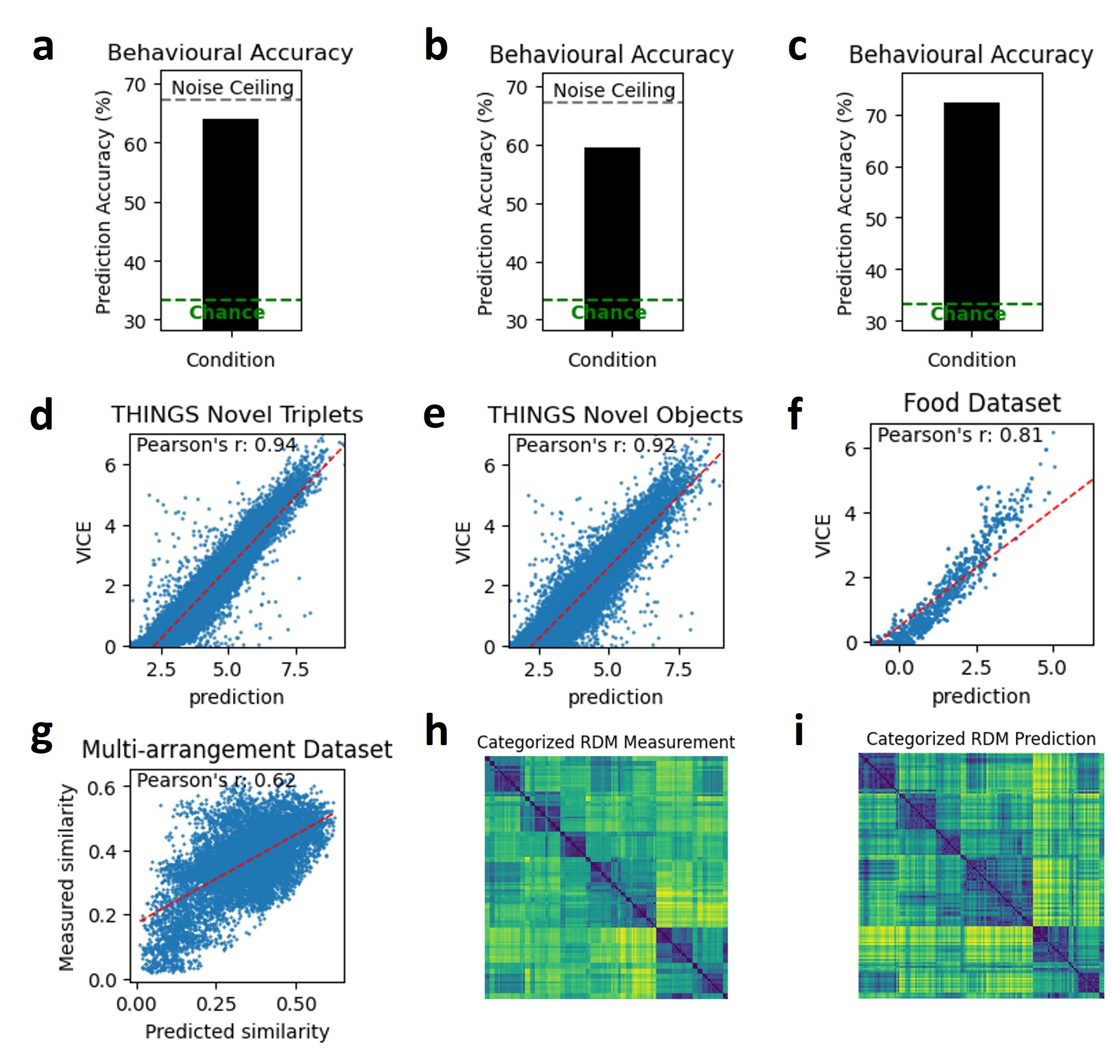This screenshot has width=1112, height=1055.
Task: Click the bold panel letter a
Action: click(43, 47)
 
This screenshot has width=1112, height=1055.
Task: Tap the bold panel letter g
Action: click(42, 736)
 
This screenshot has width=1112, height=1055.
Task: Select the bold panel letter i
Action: click(798, 731)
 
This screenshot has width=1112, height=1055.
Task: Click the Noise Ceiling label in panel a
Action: click(233, 88)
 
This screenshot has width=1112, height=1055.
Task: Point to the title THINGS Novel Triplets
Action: click(237, 414)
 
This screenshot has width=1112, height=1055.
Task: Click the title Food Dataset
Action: click(981, 403)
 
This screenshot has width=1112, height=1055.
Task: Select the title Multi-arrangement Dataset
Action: click(237, 749)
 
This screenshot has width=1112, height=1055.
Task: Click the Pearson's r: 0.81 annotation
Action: click(959, 435)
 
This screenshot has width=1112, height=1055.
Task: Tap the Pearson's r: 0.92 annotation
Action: click(595, 445)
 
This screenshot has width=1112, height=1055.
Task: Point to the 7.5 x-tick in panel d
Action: click(295, 669)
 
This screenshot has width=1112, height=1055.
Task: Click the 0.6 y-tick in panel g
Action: click(102, 789)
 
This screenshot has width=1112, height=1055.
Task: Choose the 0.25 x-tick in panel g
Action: click(216, 1004)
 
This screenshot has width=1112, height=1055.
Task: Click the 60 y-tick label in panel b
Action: click(516, 146)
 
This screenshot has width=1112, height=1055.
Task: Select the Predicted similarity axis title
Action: click(237, 1031)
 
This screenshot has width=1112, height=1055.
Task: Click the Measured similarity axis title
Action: click(67, 877)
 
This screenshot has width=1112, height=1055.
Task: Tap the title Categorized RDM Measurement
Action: click(606, 743)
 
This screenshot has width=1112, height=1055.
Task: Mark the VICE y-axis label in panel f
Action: click(823, 536)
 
